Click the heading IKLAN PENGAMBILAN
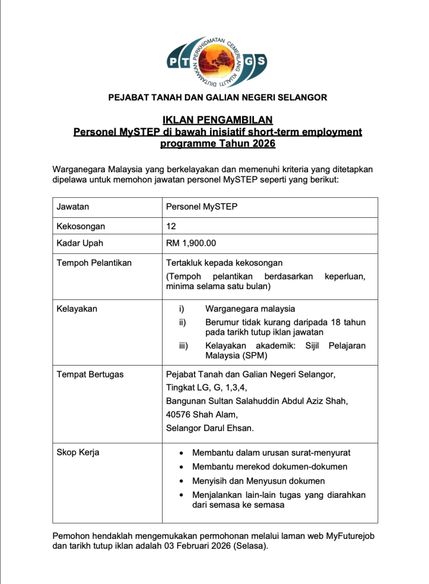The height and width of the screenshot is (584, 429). pos(218,120)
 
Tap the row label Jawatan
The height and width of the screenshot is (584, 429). pos(72,207)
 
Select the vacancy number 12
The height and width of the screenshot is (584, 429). pos(171,226)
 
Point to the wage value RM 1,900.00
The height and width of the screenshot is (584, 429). pos(191,244)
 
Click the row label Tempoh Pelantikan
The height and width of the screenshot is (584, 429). pos(94,263)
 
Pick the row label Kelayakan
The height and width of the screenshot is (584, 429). pos(77,309)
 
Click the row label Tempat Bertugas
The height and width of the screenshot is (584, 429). pos(90,375)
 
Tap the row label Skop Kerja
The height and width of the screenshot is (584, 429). pos(78,453)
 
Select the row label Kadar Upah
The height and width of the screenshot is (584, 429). pos(80,244)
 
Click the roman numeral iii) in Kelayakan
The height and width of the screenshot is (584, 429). pos(184,346)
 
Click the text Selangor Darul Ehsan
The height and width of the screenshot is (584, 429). pos(210,428)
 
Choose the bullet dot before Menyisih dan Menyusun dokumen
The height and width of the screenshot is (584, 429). pos(181,481)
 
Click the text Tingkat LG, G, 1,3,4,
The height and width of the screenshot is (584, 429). pos(198,388)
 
